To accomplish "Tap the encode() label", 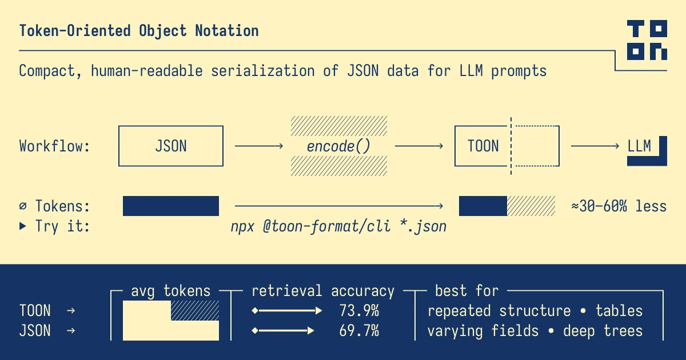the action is point(338,146).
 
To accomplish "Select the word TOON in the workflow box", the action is point(483,146).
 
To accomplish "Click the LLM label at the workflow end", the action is point(639,146).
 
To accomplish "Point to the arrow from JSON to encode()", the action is point(259,146).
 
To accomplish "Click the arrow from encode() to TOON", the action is point(419,146).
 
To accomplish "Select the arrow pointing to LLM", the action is point(595,146).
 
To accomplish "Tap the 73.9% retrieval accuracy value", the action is point(359,311).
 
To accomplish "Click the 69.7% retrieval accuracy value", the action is point(359,331).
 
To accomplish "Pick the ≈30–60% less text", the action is point(619,206).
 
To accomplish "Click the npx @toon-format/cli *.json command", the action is point(338,227).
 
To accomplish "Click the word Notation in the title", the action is point(227,31).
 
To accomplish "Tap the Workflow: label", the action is point(54,146).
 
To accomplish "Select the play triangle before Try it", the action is point(23,226).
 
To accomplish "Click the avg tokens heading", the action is point(170,291).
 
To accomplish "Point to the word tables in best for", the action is point(619,311).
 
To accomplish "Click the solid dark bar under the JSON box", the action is point(171,206).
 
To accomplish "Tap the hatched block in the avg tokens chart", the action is point(195,310).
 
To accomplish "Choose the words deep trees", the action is point(603,331).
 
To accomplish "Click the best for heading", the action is point(467,291).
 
